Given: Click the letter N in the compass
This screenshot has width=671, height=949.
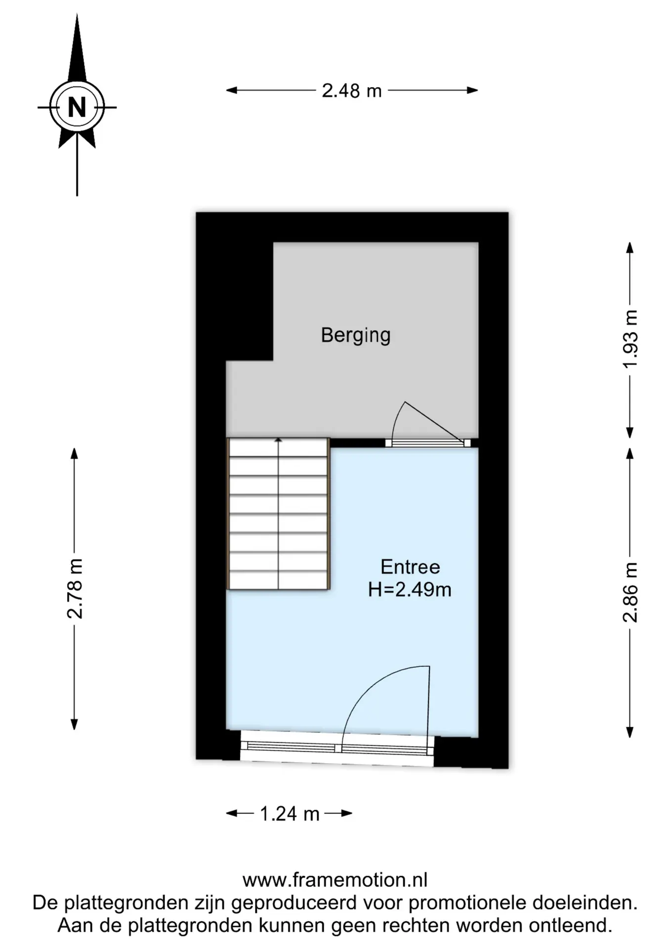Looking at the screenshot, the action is coord(77,107).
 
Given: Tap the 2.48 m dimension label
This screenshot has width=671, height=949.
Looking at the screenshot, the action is coord(352,90).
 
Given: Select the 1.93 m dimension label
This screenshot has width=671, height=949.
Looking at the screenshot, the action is coord(630,339).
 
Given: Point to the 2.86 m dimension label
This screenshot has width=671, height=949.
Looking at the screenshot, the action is coord(630,592).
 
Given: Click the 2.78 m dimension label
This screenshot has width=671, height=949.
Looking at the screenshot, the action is coord(75,589).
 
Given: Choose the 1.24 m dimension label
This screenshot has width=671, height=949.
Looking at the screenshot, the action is coord(290,814).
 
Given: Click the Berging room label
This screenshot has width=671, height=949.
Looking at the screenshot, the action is coord(356,336).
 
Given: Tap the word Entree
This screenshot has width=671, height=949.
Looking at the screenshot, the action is coord(410,566).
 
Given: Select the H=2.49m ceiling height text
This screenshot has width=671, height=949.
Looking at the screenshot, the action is coord(410,590).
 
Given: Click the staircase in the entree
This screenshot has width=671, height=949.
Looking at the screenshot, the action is coord(278,514).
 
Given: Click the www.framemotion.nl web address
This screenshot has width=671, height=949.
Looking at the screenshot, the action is coord(335,880).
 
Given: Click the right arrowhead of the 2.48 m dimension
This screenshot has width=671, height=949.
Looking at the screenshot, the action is coord(472,90).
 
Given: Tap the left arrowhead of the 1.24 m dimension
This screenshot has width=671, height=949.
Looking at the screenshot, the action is coord(232,814).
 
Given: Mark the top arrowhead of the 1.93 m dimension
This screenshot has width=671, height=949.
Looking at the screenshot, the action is coord(630,248).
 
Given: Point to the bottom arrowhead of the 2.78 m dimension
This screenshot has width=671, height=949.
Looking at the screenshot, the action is coord(75,724).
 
